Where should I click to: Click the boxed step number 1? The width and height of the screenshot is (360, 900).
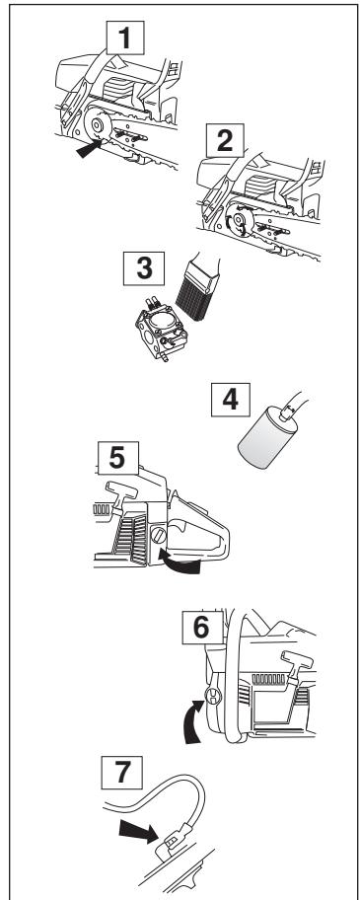click(x=125, y=37)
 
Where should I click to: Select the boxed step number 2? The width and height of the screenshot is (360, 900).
click(x=225, y=140)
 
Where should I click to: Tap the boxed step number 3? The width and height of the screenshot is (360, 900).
click(x=144, y=268)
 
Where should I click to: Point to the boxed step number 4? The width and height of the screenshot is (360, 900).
click(x=231, y=400)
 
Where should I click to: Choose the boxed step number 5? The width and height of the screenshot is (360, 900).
click(x=118, y=458)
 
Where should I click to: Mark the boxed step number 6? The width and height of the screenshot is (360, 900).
click(x=202, y=627)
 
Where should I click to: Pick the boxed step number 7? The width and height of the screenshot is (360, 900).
click(x=121, y=773)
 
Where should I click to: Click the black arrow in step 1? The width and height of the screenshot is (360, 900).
click(x=90, y=149)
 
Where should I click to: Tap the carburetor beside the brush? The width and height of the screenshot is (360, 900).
click(x=161, y=329)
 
